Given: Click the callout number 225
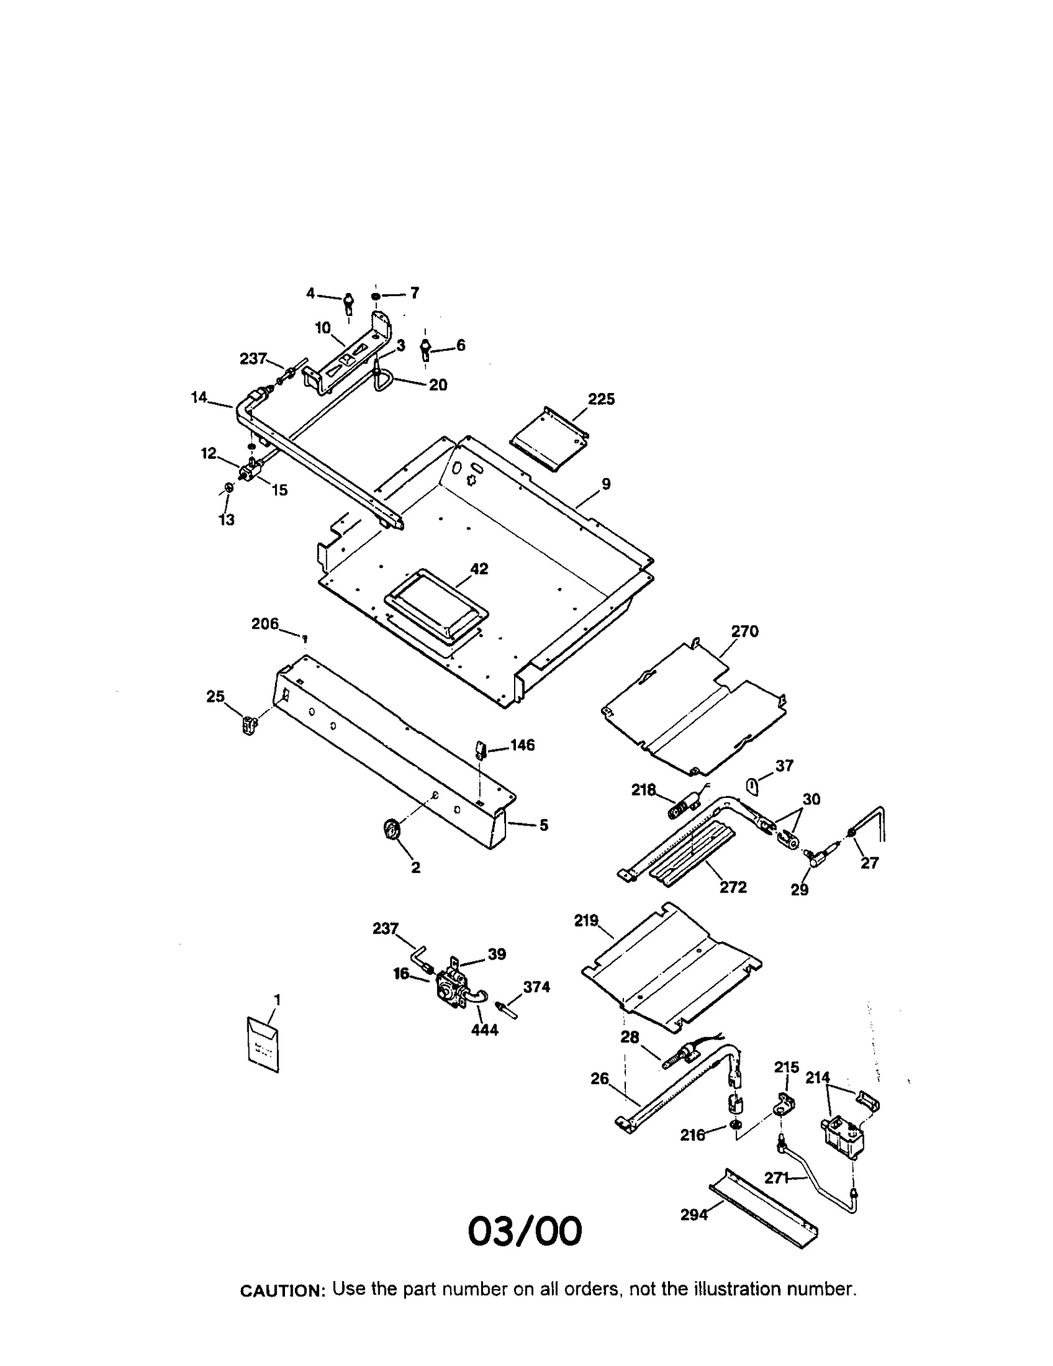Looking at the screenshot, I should [601, 399].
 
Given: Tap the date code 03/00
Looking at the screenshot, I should [525, 1231].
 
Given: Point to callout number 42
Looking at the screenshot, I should [479, 569].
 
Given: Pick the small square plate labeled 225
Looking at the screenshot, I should [549, 438].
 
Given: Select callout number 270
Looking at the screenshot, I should [744, 631].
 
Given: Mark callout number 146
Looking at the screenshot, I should [522, 745].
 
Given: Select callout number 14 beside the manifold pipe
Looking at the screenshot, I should [199, 397].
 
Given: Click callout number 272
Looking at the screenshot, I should [733, 887].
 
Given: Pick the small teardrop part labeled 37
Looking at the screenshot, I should [752, 785].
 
